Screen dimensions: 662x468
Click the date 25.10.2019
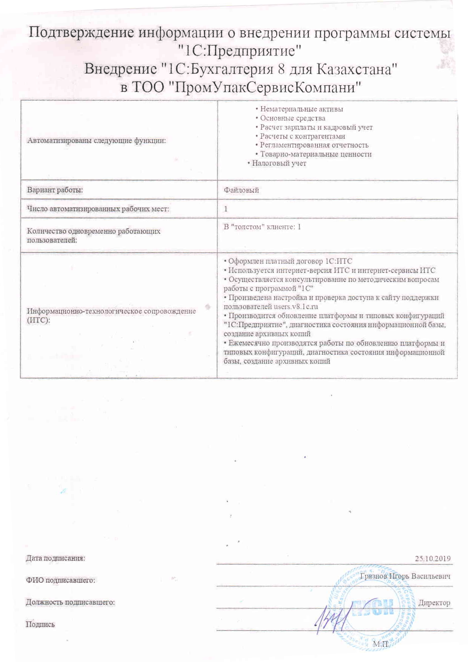[433, 559]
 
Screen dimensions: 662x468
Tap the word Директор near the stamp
[434, 603]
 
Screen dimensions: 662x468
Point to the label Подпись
[40, 624]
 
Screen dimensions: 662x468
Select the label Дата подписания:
[55, 558]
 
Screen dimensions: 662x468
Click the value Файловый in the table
[241, 190]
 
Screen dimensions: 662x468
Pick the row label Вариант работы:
[55, 190]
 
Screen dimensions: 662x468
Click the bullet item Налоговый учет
[279, 163]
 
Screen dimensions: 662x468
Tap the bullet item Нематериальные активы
[301, 109]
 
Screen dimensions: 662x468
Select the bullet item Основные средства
[292, 118]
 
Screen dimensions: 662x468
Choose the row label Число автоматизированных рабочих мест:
[98, 209]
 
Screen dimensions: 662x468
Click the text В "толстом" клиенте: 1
[262, 227]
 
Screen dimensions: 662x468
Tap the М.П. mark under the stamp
[380, 644]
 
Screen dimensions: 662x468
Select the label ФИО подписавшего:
[60, 580]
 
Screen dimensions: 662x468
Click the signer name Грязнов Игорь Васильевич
[405, 576]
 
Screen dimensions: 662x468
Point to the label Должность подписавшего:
[70, 602]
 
